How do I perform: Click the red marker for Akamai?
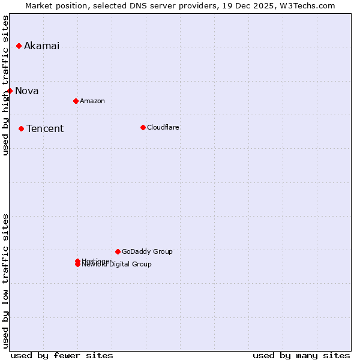tap(19, 46)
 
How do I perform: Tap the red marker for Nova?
tap(10, 91)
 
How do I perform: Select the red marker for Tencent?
tap(21, 128)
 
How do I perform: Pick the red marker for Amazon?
tap(76, 101)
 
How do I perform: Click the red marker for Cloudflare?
tap(143, 127)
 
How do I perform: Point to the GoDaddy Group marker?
tap(118, 251)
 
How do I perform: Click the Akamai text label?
tap(41, 46)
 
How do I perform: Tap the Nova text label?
tap(27, 91)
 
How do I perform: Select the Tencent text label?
tap(45, 129)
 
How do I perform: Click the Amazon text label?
tap(92, 101)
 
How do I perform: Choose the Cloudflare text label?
tap(163, 127)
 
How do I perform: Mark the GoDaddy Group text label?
tap(147, 251)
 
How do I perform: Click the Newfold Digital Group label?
tap(118, 265)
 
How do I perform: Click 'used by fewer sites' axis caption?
tap(62, 355)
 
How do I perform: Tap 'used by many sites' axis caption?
tap(301, 355)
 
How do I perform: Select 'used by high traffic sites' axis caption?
tap(6, 85)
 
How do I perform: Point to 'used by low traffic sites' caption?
tap(6, 281)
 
